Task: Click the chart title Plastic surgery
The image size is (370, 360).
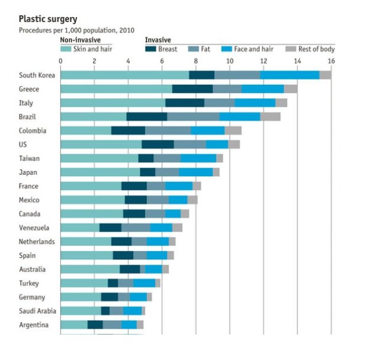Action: coord(48,20)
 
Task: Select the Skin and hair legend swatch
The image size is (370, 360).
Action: coord(66,49)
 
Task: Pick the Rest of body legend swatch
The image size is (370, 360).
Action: coord(291,49)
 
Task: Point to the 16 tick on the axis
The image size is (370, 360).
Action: coord(331,60)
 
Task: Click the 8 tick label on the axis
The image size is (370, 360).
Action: coord(196,60)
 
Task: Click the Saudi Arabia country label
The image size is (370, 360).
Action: coord(37,311)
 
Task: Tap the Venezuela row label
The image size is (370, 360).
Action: coord(34,228)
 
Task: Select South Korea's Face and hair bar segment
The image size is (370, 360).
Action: coord(289,75)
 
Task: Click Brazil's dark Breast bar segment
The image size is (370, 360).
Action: coord(147,117)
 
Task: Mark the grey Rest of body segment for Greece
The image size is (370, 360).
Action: coord(291,89)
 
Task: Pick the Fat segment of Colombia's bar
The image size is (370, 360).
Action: coord(168,130)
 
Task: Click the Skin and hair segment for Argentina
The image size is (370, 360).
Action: coord(74,324)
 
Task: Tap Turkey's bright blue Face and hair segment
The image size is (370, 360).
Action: coord(144,283)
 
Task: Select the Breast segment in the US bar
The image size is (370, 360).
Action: coord(158,144)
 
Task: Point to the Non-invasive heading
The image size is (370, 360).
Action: coord(81,40)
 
